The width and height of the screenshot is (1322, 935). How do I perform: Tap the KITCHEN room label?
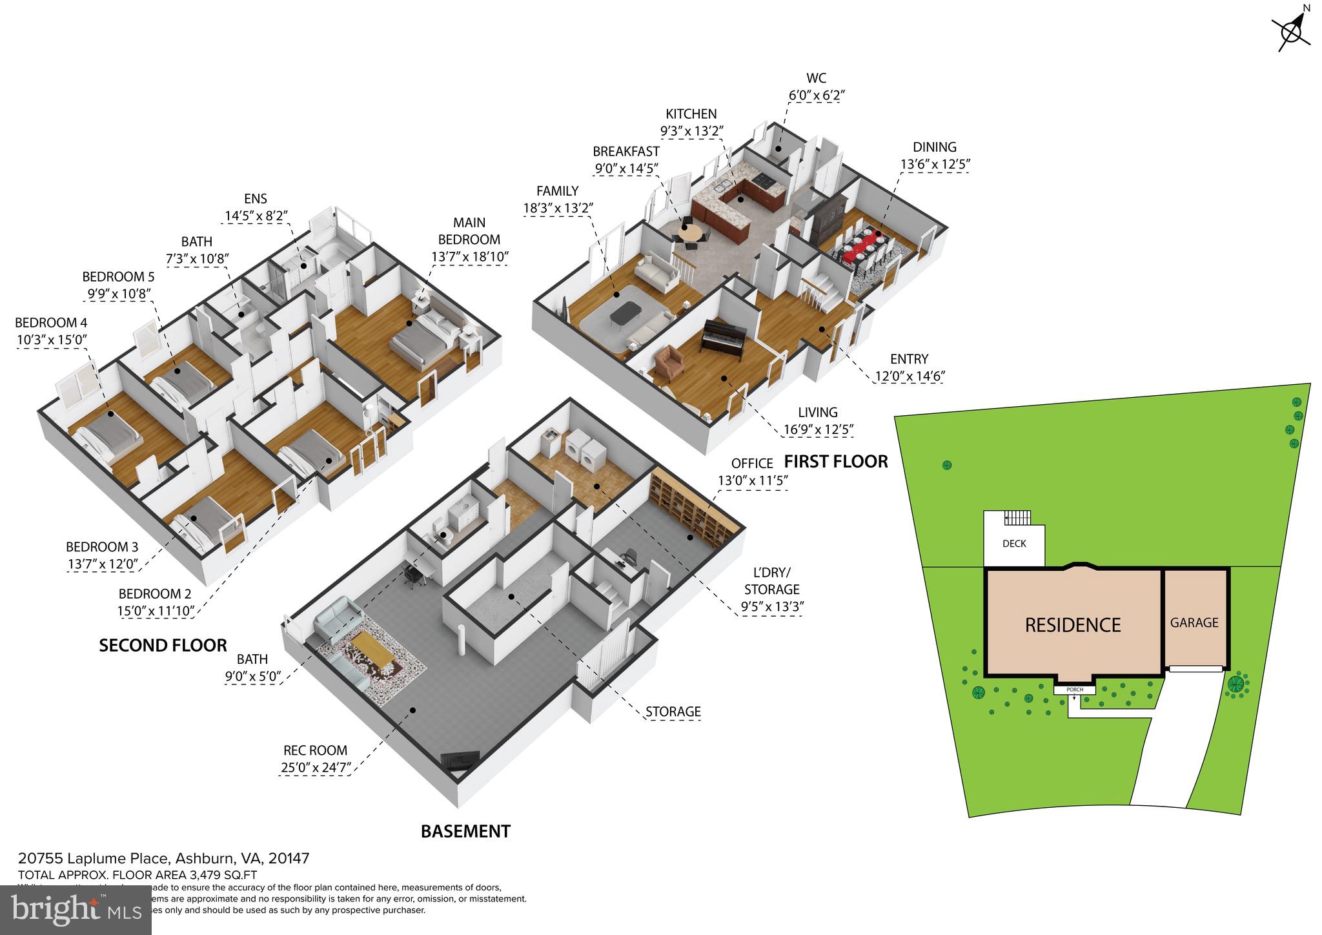tap(691, 114)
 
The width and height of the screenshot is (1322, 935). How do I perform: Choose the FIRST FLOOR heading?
tap(836, 461)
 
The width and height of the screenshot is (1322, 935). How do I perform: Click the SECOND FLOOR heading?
tap(163, 645)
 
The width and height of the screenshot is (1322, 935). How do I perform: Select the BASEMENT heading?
tap(465, 831)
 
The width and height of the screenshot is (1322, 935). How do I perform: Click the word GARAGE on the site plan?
tap(1194, 622)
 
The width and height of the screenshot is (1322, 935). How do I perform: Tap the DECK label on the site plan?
tap(1014, 544)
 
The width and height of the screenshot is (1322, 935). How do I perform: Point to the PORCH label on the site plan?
tap(1075, 690)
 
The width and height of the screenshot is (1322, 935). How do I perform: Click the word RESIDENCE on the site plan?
tap(1073, 625)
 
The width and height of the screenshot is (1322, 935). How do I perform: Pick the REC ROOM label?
tap(315, 750)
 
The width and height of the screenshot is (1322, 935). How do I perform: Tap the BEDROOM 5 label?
tap(118, 277)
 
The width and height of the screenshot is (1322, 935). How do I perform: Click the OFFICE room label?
tap(752, 464)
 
